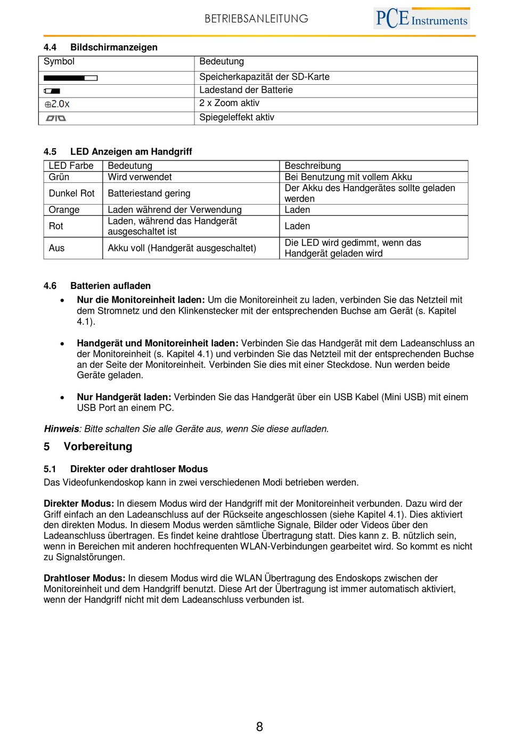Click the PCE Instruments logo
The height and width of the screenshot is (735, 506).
421,18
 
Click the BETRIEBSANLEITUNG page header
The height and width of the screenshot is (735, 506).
256,19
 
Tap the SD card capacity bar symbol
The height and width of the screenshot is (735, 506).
70,78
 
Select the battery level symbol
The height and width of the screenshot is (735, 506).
52,91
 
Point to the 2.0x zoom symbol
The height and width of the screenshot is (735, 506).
57,104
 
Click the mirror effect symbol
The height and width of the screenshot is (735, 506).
55,118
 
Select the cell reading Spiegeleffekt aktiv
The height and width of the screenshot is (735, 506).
236,117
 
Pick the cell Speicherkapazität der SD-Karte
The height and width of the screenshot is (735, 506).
264,77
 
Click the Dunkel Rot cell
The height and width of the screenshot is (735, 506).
71,193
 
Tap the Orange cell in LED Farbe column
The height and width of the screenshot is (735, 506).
64,210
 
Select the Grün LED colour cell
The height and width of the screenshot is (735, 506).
59,177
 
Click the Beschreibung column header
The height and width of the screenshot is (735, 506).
313,166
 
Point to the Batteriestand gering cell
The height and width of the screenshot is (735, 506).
149,193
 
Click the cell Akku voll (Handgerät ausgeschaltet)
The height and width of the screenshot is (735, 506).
182,248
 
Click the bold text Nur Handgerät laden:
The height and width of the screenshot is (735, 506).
124,397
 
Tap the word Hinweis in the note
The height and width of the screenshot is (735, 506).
61,429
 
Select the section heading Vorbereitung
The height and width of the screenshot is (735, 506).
98,447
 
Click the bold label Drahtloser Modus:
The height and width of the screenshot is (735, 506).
84,578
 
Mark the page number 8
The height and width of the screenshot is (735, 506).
259,726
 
